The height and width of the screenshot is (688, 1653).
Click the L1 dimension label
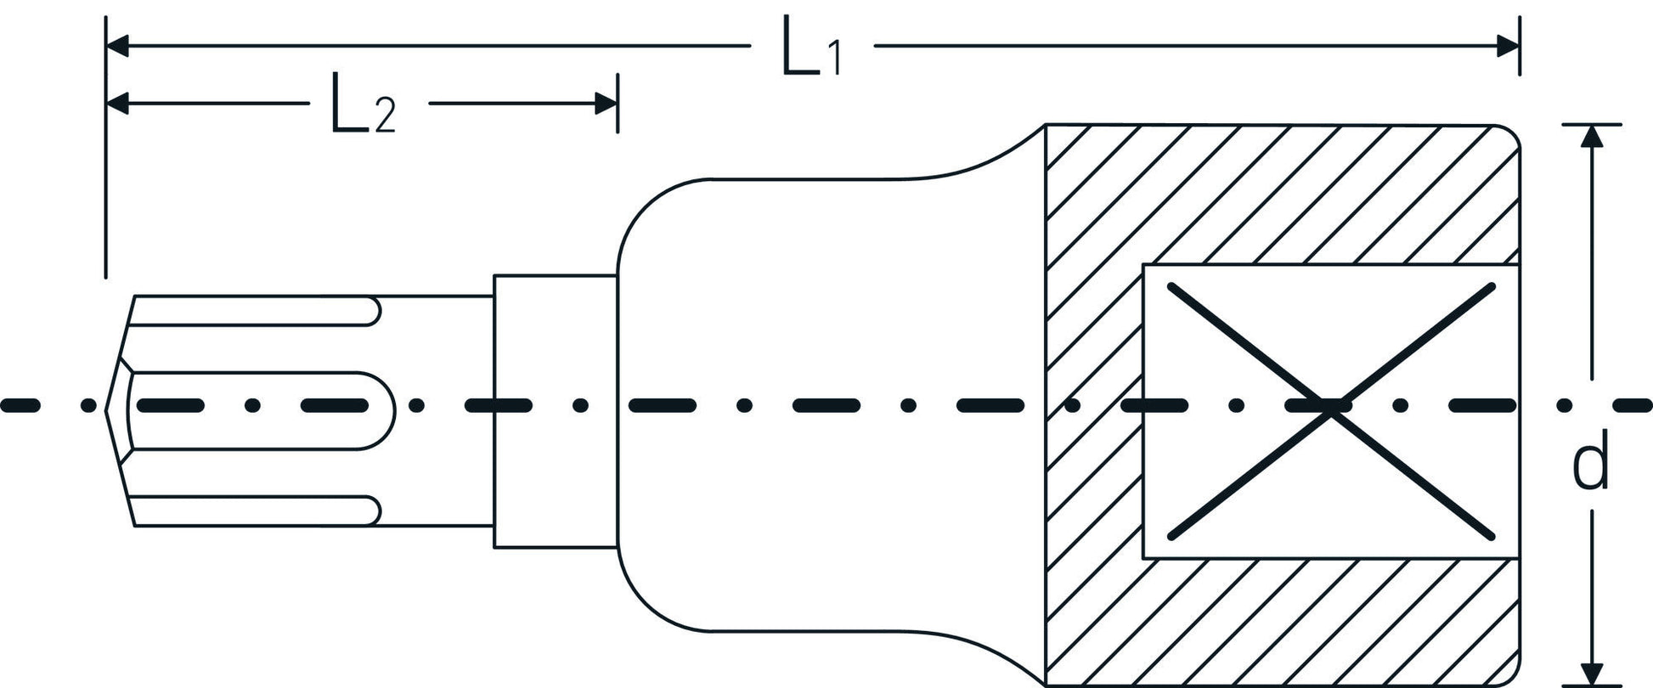[811, 51]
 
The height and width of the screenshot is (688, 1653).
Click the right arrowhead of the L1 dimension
[1508, 46]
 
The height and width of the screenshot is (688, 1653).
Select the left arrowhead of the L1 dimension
[117, 46]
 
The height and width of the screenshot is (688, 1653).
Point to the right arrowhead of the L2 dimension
[606, 104]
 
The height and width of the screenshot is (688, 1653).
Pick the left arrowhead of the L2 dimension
[117, 104]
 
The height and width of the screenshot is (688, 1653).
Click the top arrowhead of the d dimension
[1591, 136]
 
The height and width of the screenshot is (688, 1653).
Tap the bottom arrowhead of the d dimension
[1591, 674]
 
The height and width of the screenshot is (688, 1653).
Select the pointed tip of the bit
[109, 410]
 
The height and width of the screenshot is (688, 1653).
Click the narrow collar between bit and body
[555, 411]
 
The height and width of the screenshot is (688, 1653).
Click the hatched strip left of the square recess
[1094, 408]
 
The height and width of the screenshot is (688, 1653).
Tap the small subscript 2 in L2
[384, 117]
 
